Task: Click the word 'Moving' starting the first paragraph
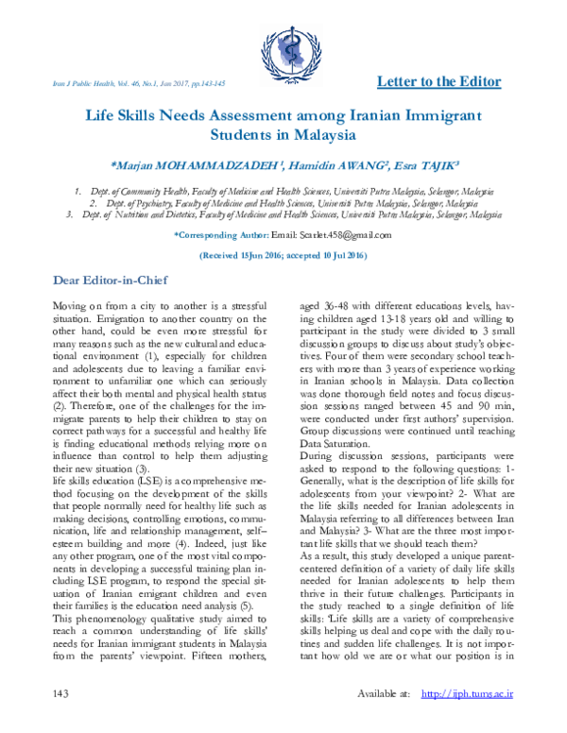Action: (x=66, y=308)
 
